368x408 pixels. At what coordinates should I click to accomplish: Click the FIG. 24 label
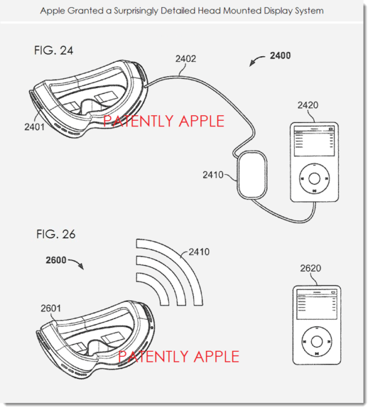pyautogui.click(x=53, y=51)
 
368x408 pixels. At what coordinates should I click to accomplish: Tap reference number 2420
pyautogui.click(x=306, y=105)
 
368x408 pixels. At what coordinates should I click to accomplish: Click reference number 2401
pyautogui.click(x=35, y=128)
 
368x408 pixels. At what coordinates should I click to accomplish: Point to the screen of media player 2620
pyautogui.click(x=316, y=306)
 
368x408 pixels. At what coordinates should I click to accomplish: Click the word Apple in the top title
pyautogui.click(x=53, y=11)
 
